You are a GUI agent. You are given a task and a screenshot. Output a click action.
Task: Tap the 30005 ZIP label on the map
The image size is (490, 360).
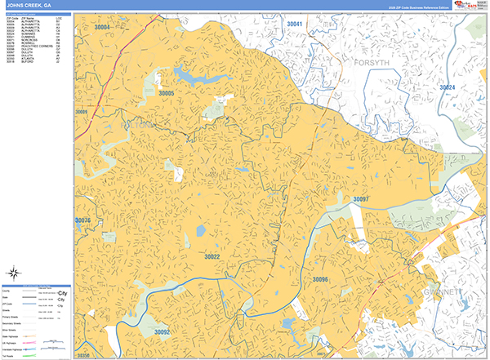click(167, 94)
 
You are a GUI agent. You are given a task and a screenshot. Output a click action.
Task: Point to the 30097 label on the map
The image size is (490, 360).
click(361, 199)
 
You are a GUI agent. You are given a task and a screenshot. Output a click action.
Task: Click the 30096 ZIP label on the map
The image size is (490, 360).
click(319, 279)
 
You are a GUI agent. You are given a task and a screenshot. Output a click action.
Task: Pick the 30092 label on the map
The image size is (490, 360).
click(162, 332)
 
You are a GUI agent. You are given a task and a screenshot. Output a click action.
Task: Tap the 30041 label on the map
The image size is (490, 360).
click(295, 24)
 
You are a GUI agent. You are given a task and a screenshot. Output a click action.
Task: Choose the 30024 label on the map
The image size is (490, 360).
click(448, 87)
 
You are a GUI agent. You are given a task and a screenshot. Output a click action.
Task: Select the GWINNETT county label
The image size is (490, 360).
click(443, 291)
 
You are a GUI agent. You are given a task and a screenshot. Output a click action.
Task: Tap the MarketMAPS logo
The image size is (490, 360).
click(470, 7)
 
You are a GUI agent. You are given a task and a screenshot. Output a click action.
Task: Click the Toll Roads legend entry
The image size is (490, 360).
click(11, 353)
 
